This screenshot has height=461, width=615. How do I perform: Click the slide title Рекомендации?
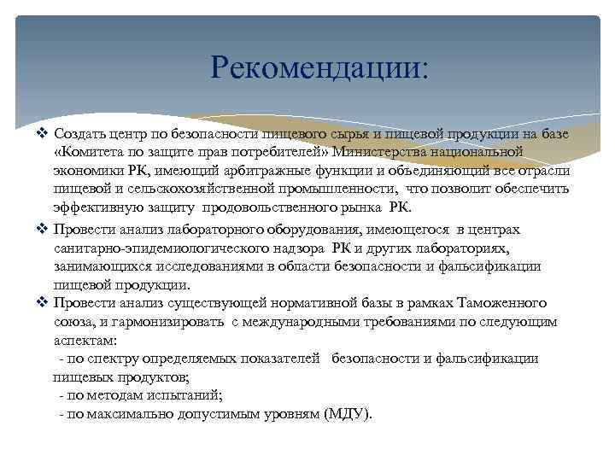coord(320,67)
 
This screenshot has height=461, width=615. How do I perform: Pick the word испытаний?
coord(186,395)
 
